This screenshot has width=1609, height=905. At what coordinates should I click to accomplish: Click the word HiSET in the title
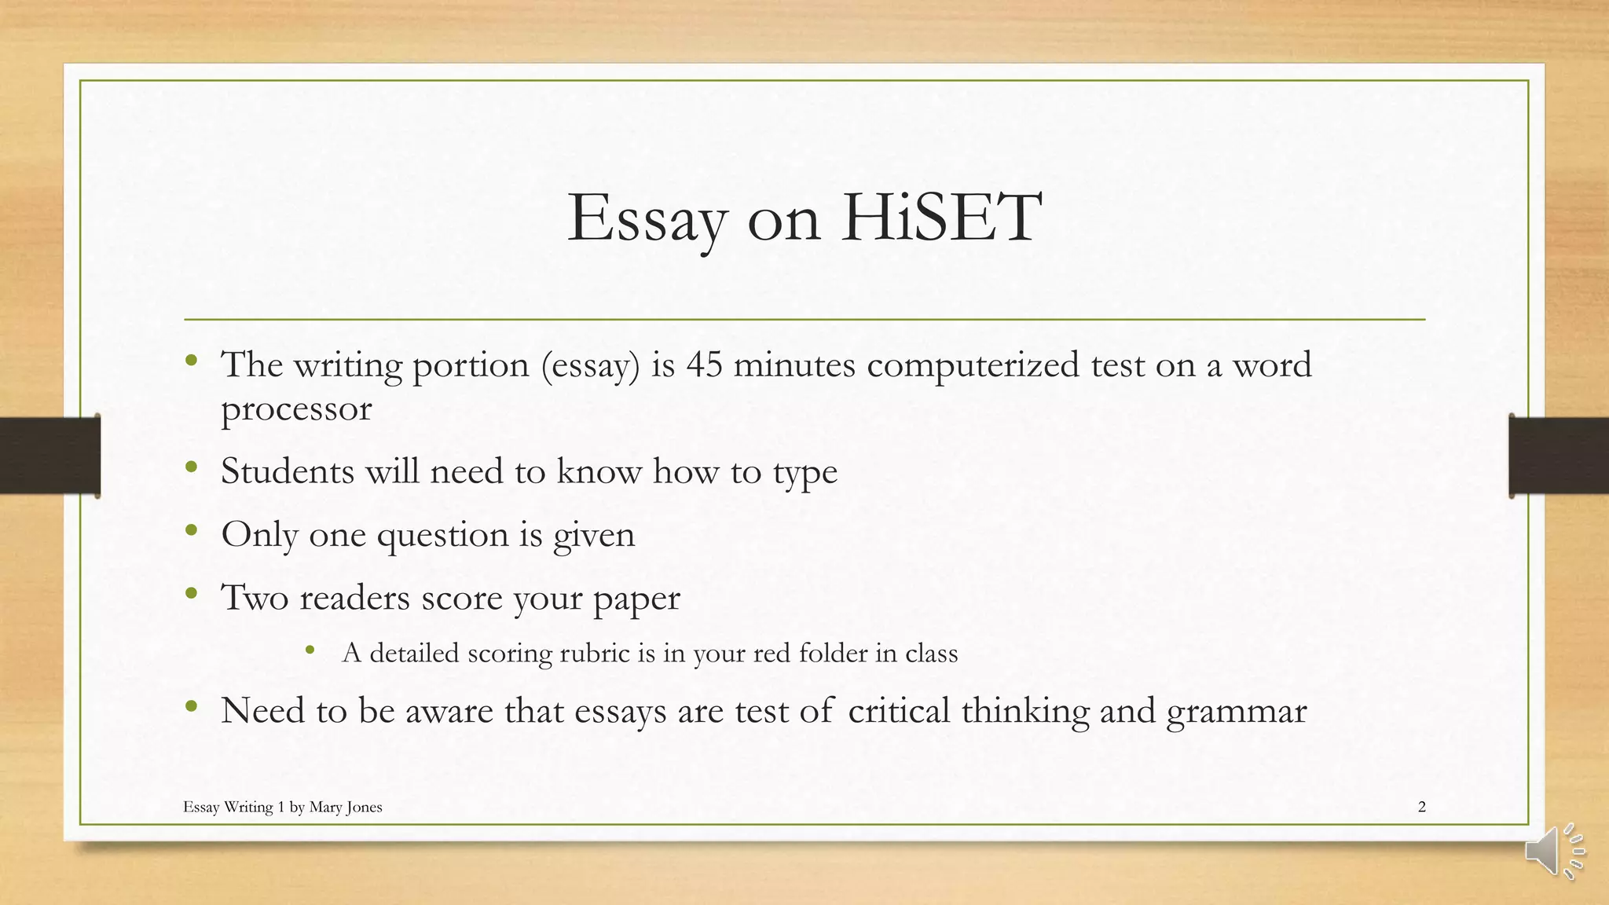click(x=941, y=218)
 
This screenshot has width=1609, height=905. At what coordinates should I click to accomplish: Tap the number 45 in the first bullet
click(x=704, y=365)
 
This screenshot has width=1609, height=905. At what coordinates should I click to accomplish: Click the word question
click(x=443, y=536)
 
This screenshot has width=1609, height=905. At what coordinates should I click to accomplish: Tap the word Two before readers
click(x=255, y=597)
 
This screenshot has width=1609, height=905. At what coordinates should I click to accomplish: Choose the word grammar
click(x=1237, y=712)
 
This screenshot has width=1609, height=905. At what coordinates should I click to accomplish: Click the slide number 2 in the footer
click(x=1421, y=807)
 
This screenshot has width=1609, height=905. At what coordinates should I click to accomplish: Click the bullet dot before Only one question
click(x=191, y=531)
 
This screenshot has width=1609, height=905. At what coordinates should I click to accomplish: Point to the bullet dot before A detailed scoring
click(x=310, y=650)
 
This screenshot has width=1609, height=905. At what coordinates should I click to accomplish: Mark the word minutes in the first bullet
click(x=794, y=365)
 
